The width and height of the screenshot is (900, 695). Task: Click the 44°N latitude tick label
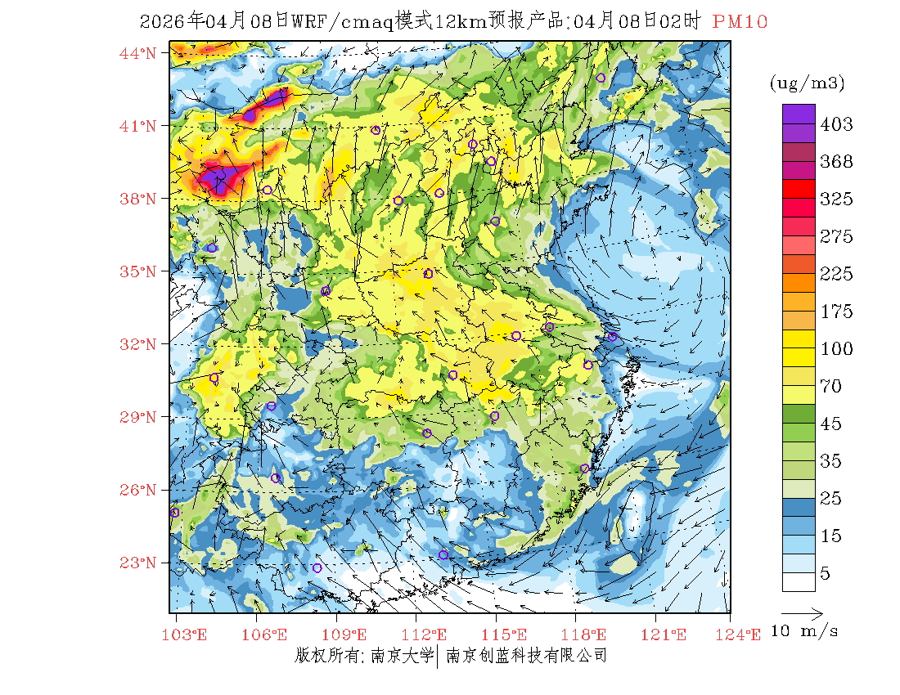coord(138,53)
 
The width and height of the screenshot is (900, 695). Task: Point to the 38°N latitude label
coord(138,199)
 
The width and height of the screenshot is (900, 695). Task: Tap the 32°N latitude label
coord(138,344)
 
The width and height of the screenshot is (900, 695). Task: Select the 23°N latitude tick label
coord(138,563)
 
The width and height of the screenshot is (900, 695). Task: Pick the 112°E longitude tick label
coord(430,634)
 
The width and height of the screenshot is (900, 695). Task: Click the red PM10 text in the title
coord(740,22)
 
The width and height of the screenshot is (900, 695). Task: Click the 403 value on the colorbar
coord(836,124)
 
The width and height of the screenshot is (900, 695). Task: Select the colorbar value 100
coord(836,349)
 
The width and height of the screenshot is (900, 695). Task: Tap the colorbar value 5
coord(826,574)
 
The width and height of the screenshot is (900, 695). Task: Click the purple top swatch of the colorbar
coord(799,114)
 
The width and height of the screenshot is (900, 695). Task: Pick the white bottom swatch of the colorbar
coord(799,581)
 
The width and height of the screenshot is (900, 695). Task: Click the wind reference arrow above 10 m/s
coord(802,612)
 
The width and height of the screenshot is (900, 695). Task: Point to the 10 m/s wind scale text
coord(805,631)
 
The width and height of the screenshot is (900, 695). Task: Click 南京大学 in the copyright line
coord(402,656)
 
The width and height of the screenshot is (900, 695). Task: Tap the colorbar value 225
coord(836,274)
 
